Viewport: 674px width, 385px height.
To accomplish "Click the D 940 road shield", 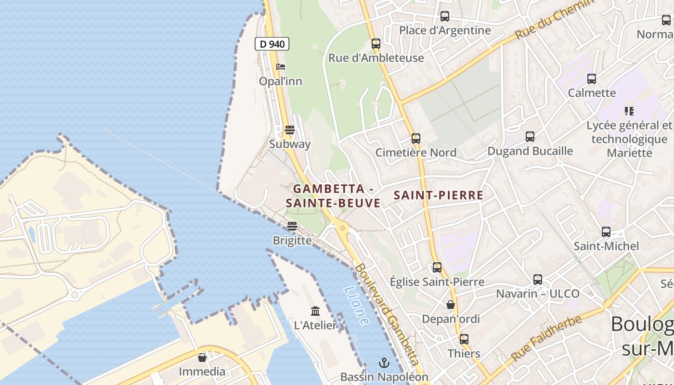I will point(272,44).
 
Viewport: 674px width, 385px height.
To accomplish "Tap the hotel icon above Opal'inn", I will point(281,67).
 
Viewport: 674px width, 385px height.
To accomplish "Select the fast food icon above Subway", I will point(290,129).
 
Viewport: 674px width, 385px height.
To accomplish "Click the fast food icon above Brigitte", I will point(292,226).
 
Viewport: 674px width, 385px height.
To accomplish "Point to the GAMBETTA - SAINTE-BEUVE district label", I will point(333,196).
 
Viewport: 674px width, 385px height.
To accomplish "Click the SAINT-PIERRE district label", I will point(438,195).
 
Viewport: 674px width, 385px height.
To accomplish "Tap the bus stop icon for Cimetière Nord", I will point(416,139).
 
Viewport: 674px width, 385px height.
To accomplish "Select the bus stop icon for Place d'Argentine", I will point(445,16).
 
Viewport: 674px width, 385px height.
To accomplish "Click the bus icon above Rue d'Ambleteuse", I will point(376,44).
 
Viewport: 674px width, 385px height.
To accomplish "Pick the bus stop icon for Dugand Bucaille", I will point(530,137).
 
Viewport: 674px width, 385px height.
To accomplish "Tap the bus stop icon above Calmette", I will point(592,79).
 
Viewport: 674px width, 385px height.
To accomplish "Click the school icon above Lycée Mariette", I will point(629,111).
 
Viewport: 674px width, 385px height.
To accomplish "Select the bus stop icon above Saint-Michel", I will point(606,232).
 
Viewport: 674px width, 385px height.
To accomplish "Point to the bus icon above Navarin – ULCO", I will point(538,279).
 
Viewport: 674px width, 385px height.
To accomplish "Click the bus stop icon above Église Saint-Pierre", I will point(437,268).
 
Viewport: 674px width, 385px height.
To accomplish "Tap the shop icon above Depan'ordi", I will point(451,305).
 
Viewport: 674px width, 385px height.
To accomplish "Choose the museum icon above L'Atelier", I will point(315,311).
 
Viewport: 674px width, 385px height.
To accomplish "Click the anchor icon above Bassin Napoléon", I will point(384,362).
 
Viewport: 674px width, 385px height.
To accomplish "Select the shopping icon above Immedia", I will point(202,358).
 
